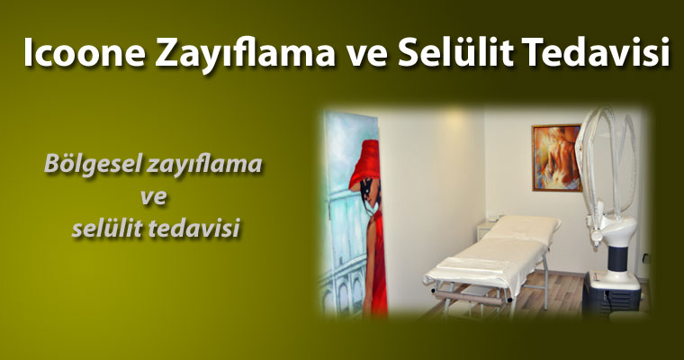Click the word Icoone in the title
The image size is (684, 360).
84,52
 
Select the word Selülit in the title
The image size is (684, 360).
455,52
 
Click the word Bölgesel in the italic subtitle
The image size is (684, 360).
93,165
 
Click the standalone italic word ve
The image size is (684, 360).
154,197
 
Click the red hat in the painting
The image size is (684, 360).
364,161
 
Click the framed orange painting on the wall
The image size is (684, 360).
556,158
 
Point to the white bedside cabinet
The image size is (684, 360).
486,230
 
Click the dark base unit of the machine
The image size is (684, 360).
611,293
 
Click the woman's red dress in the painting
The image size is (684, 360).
376,262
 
